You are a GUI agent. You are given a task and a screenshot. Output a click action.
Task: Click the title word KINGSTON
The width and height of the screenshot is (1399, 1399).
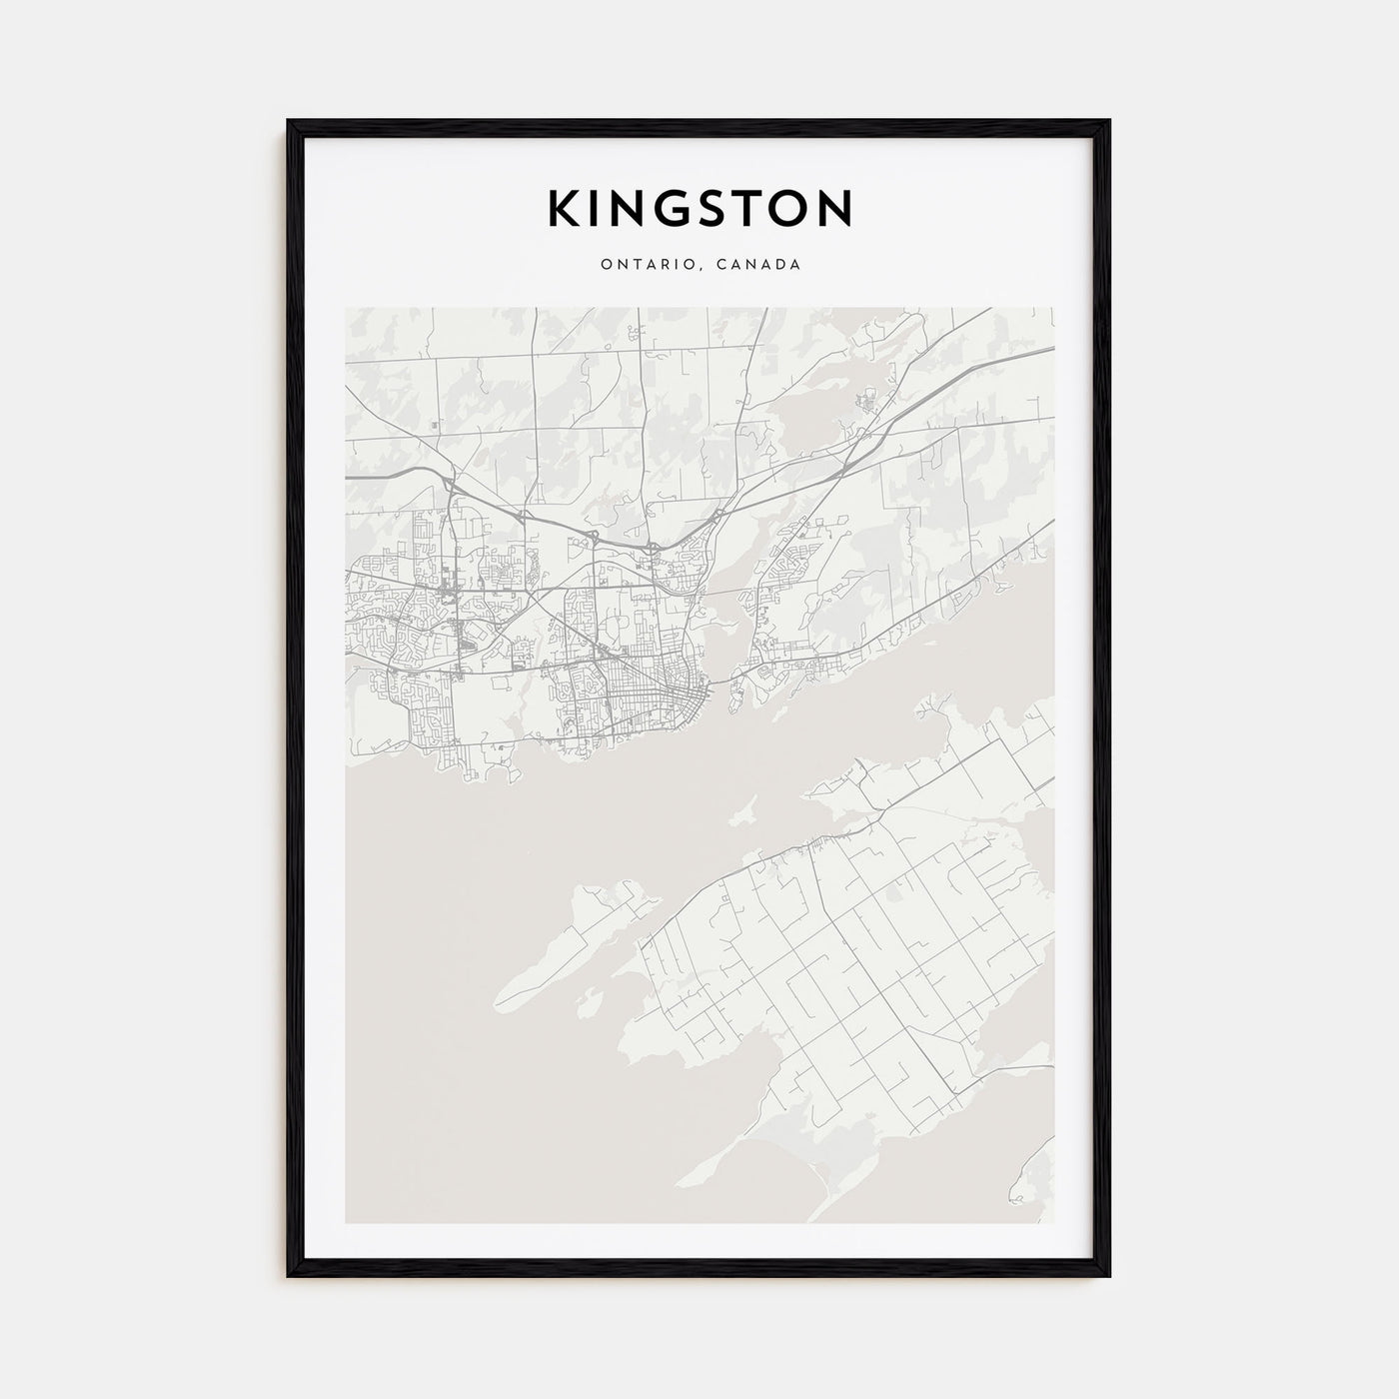click(699, 208)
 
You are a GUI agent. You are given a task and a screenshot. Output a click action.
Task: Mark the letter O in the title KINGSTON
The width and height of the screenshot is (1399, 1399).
click(787, 208)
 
